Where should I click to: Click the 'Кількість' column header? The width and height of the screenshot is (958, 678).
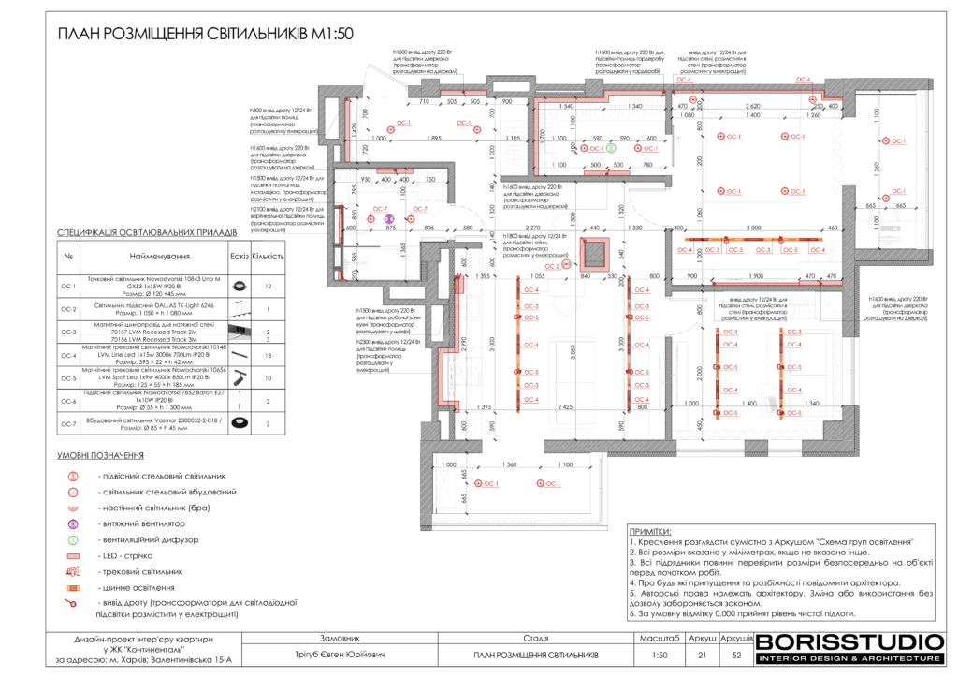pyautogui.click(x=269, y=255)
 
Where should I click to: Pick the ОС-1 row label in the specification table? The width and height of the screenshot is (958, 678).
pyautogui.click(x=67, y=285)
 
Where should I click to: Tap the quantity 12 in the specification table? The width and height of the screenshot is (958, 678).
pyautogui.click(x=269, y=285)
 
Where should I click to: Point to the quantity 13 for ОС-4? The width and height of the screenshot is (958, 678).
pyautogui.click(x=269, y=356)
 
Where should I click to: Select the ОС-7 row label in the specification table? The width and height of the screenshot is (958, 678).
pyautogui.click(x=67, y=423)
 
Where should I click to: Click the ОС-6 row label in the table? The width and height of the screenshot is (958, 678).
pyautogui.click(x=67, y=401)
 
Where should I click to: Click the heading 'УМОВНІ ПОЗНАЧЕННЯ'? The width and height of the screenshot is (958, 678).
pyautogui.click(x=100, y=456)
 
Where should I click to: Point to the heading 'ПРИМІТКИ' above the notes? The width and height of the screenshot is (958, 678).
pyautogui.click(x=650, y=529)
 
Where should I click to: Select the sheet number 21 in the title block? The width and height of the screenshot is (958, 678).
pyautogui.click(x=702, y=655)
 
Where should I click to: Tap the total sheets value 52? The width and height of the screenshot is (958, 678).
pyautogui.click(x=735, y=655)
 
